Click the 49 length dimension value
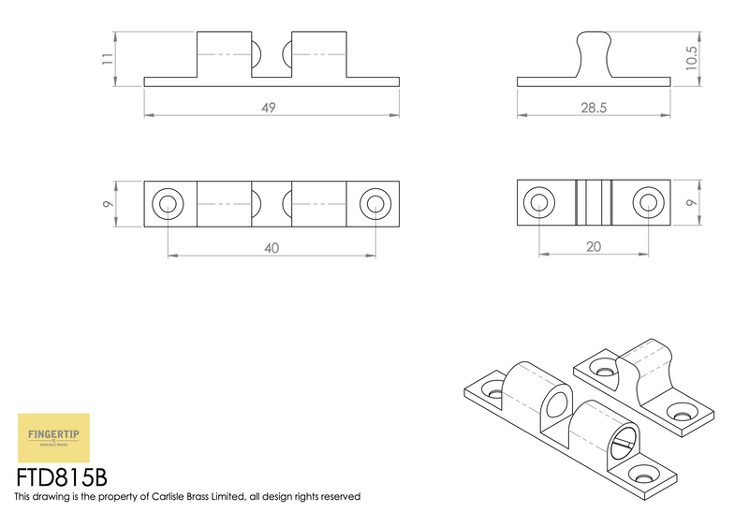[x=268, y=108]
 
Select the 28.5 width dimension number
[x=594, y=108]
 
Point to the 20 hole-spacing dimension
[x=594, y=247]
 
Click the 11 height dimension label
[x=108, y=58]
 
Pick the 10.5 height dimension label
[x=691, y=58]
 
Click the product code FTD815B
[x=62, y=477]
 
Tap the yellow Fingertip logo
[x=54, y=436]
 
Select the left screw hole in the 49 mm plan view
[x=169, y=202]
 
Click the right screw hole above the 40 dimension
[x=375, y=202]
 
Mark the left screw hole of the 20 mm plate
[x=538, y=201]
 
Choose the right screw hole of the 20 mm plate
[x=647, y=201]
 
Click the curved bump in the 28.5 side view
[x=594, y=51]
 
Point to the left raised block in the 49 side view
[x=224, y=55]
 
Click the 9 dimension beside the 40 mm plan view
[x=109, y=202]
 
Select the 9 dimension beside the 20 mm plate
[x=691, y=202]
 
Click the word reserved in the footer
[x=339, y=497]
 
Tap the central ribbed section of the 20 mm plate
[x=593, y=201]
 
